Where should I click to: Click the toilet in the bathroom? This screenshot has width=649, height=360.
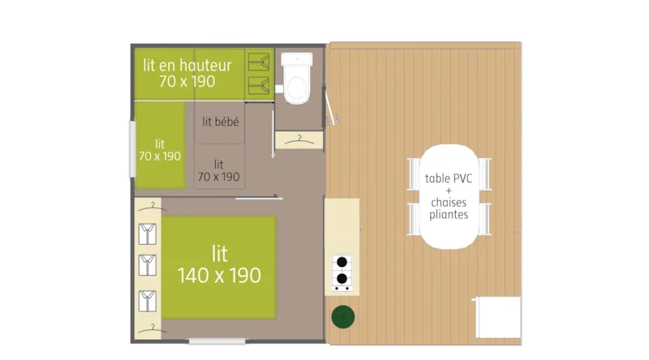[x=296, y=81]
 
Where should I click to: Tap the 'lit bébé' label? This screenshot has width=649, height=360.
[x=220, y=122]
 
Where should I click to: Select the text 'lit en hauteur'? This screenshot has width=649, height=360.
[x=187, y=66]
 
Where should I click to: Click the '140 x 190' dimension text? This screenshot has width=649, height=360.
[x=219, y=276]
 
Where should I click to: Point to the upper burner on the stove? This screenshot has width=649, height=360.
[x=342, y=263]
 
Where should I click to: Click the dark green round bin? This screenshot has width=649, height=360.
[x=342, y=316]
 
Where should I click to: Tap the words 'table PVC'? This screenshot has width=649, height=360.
[x=449, y=179]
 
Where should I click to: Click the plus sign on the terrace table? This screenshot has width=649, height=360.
[x=449, y=191]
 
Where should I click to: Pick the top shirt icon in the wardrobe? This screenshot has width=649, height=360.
[x=148, y=234]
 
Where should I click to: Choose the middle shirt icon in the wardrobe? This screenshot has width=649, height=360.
[x=148, y=265]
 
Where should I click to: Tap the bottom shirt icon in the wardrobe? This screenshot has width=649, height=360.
[x=148, y=300]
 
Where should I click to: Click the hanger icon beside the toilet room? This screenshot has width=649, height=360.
[x=299, y=140]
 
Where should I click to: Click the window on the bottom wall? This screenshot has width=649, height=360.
[x=217, y=341]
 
